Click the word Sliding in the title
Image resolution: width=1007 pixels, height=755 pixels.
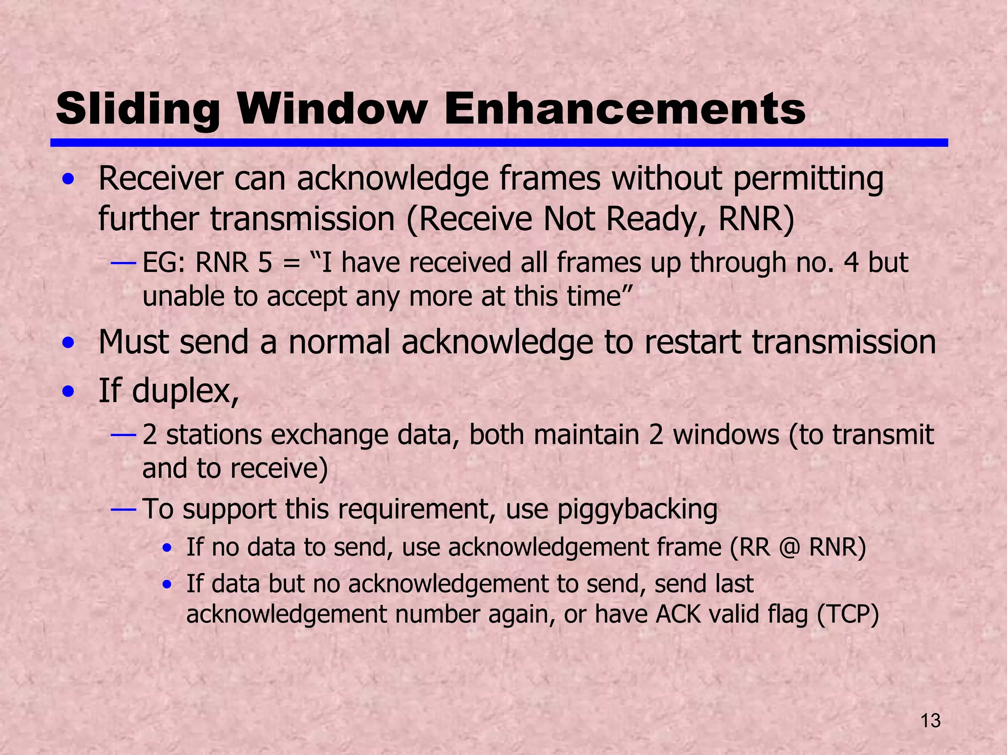coord(138,109)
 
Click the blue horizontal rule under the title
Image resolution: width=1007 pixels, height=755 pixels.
coord(499,143)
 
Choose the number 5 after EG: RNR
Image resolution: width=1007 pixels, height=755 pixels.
coord(265,262)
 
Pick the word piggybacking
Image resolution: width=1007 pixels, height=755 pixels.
coord(637,509)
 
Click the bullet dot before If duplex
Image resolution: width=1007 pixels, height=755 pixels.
coord(69,392)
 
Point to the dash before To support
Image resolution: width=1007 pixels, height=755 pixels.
coord(123,509)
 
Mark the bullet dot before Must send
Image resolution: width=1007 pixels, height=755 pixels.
coord(69,342)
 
